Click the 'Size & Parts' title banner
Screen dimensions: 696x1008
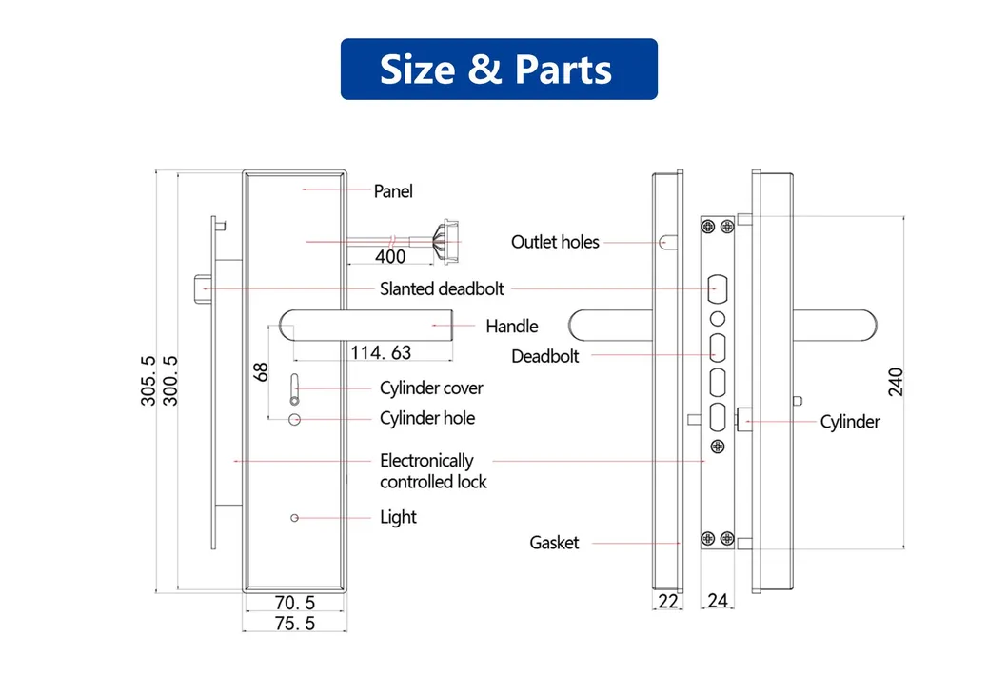[499, 70]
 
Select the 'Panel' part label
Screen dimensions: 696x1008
[393, 191]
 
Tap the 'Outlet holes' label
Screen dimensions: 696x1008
[555, 242]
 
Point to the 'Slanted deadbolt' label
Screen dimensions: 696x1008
[442, 288]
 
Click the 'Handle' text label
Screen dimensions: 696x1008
[511, 327]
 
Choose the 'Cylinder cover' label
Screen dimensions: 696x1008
[431, 388]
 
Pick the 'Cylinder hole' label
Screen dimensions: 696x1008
[426, 418]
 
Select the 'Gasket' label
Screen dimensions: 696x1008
[554, 543]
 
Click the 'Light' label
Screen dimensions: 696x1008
[398, 517]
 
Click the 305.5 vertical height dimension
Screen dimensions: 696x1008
[149, 381]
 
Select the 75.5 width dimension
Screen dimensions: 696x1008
[294, 624]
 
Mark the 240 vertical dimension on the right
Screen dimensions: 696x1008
[896, 381]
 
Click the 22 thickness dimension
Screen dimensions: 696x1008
[668, 601]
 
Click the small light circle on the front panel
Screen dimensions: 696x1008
[294, 517]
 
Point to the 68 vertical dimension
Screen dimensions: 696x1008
[262, 371]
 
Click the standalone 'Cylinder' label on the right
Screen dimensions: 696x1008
[850, 422]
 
